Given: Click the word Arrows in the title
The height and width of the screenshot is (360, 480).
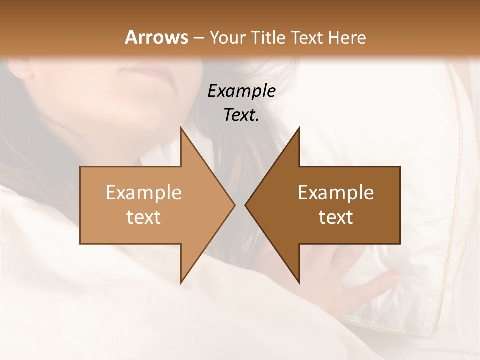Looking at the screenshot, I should (x=156, y=37).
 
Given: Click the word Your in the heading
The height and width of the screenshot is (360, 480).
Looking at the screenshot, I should (x=228, y=37).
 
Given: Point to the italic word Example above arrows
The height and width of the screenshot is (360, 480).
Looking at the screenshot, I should (x=242, y=91).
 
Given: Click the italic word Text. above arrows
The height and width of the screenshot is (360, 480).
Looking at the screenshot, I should (x=241, y=115).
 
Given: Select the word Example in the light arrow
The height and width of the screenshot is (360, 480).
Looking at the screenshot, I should (x=144, y=193).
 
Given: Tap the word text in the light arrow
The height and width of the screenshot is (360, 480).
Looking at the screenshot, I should (x=144, y=217).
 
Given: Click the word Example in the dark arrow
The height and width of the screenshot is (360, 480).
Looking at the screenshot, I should (x=336, y=193).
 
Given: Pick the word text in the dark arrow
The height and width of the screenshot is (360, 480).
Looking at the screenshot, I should (x=336, y=217).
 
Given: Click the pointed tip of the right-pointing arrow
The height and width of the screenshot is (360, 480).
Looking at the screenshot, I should (x=235, y=205).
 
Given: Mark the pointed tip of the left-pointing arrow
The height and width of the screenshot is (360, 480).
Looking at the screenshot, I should (x=245, y=205).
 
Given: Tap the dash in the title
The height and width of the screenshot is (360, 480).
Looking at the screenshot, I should (x=199, y=38).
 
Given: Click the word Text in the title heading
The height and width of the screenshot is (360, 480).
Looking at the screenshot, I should (x=306, y=37).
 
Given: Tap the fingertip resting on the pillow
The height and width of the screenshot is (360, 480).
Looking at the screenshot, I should (x=392, y=274).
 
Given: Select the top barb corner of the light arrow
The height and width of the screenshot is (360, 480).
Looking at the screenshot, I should (x=181, y=128).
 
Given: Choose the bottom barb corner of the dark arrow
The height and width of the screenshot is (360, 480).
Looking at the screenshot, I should (x=299, y=283).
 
